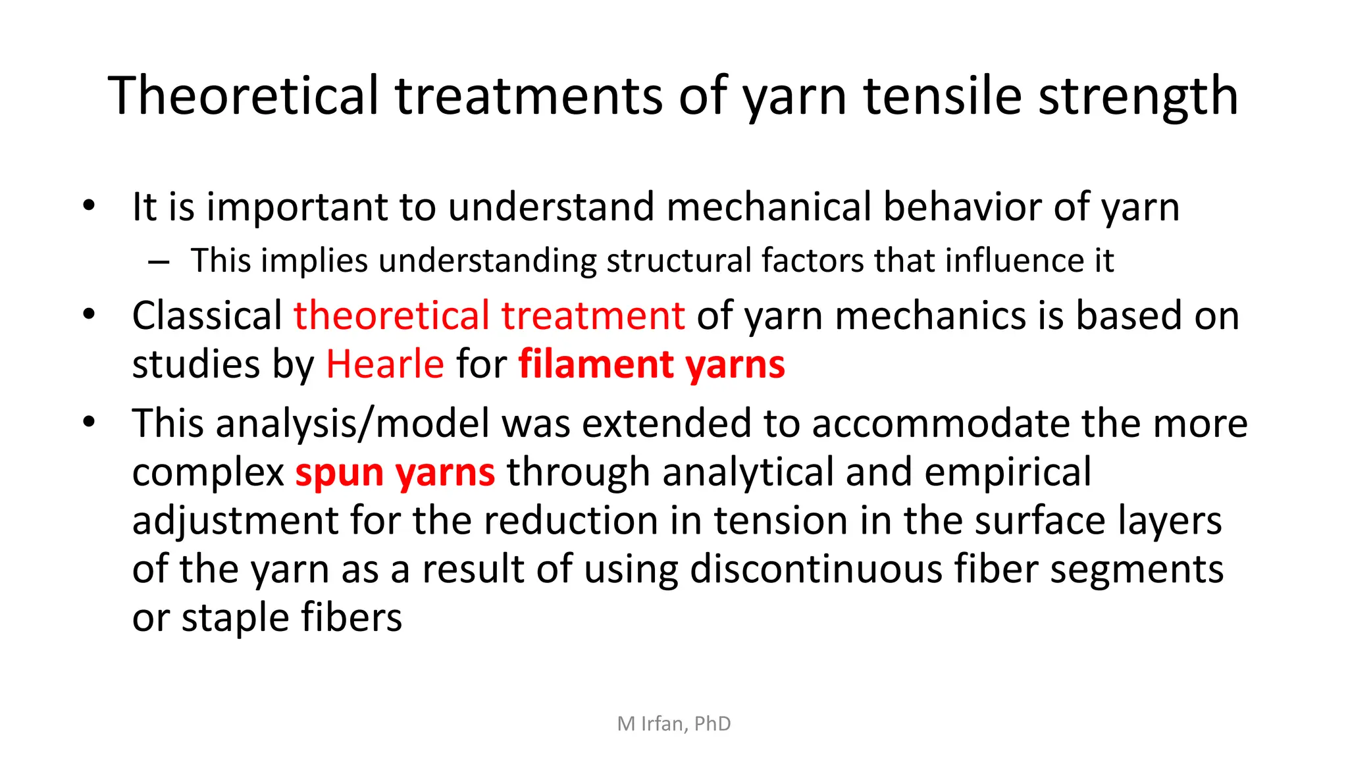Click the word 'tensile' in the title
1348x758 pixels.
tap(942, 96)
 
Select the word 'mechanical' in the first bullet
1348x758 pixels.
tap(768, 207)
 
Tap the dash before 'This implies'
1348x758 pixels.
tap(159, 262)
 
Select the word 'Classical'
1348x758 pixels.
tap(207, 315)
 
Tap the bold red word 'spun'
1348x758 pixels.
tap(339, 473)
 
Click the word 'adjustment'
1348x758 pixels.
tap(235, 521)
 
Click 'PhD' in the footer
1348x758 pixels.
tap(712, 724)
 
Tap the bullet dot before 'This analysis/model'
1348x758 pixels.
tap(90, 422)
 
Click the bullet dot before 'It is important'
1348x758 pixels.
tap(90, 205)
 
